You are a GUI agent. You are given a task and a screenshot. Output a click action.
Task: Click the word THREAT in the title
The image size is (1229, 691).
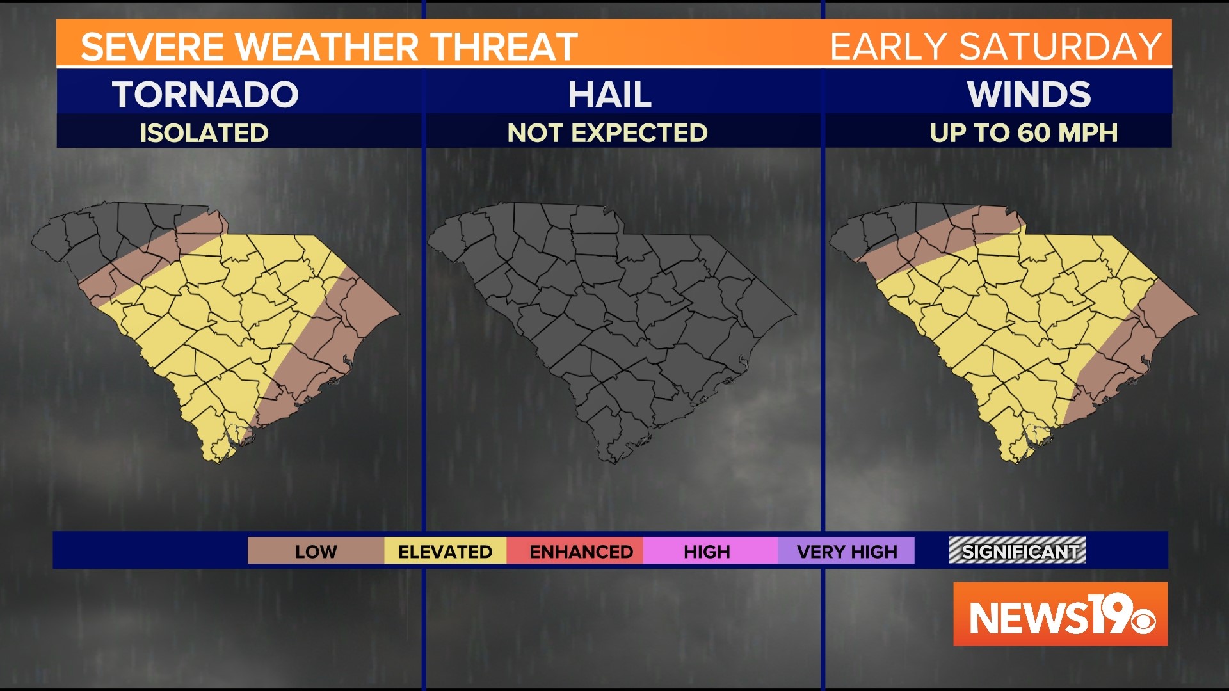504,47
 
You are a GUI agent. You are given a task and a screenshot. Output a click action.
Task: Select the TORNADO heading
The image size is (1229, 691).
205,95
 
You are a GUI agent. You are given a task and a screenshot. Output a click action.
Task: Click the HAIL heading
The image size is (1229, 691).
609,95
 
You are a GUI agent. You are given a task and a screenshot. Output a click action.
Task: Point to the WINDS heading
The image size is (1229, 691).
1029,95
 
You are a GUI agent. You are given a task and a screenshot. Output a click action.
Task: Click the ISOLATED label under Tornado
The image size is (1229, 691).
204,133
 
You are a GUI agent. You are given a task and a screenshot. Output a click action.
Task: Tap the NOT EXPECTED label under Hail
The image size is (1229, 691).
607,133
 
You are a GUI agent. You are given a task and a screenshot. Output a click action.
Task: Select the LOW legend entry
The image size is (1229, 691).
316,552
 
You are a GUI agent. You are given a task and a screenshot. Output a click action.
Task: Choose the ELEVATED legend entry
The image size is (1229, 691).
445,552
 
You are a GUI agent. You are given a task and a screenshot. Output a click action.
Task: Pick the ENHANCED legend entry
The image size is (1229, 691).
581,552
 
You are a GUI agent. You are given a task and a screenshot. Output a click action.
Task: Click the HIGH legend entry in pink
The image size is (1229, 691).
707,552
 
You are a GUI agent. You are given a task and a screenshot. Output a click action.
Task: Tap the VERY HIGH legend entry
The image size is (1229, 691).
846,552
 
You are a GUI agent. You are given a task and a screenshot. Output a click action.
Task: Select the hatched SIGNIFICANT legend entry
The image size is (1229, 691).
1017,551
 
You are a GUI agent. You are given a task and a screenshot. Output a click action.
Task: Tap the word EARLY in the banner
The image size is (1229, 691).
887,47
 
